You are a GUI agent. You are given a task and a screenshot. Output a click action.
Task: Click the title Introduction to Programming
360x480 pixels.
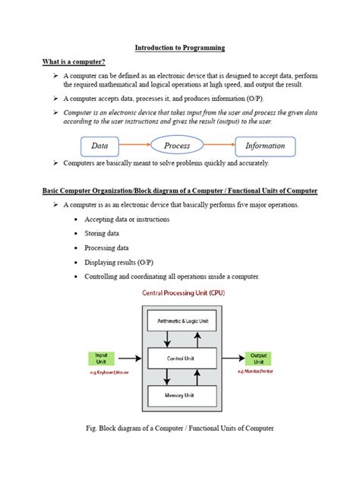coord(180,48)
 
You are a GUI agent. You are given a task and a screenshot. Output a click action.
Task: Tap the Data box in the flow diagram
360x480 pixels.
coord(100,145)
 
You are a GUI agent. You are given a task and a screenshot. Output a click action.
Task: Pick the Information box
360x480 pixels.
coord(265,145)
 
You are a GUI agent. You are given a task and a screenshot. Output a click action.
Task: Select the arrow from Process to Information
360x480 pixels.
coord(220,145)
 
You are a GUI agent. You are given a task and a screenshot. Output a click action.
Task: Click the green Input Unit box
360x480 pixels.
coord(101,358)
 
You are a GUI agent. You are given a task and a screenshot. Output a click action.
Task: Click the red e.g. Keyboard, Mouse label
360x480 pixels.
coord(101,373)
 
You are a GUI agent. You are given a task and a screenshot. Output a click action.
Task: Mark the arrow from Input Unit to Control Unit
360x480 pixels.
coord(130,358)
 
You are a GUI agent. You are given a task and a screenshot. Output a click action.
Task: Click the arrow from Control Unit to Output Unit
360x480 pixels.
coord(230,358)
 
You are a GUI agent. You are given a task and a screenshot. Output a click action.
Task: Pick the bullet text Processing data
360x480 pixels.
coord(116,248)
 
